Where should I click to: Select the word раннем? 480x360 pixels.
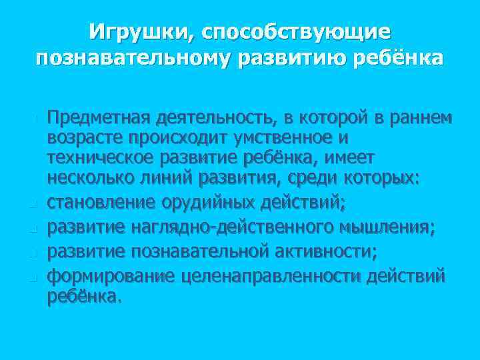422,118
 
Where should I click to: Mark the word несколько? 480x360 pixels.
89,179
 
